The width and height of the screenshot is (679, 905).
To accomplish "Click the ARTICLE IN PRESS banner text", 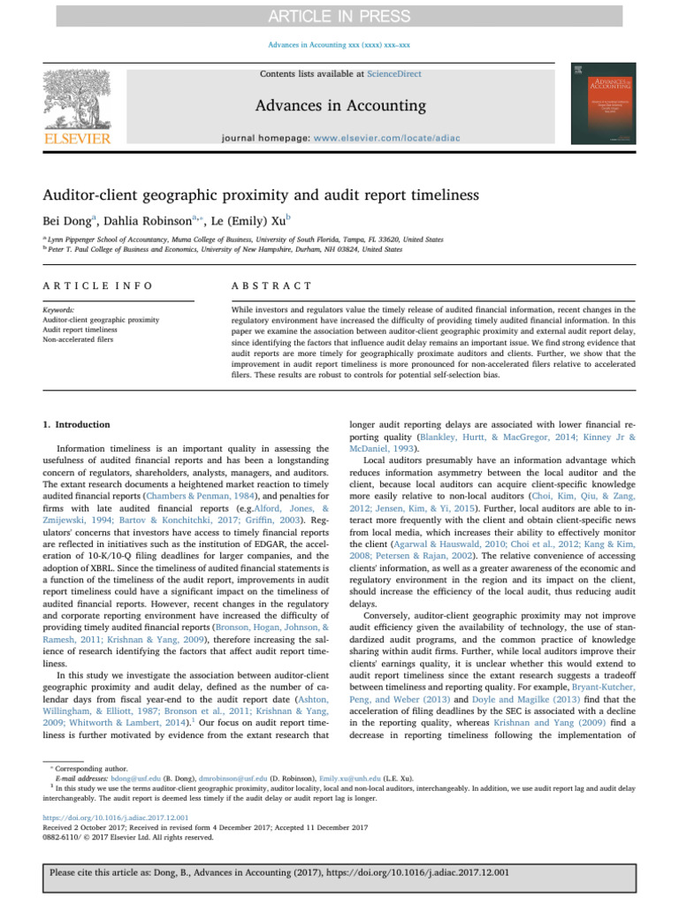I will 339,17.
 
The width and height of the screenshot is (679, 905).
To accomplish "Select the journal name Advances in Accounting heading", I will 340,107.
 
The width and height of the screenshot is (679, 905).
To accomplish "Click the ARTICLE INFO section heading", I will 97,285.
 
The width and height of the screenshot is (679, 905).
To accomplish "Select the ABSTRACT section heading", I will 271,285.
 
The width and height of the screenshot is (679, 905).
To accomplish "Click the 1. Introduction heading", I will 77,424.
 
